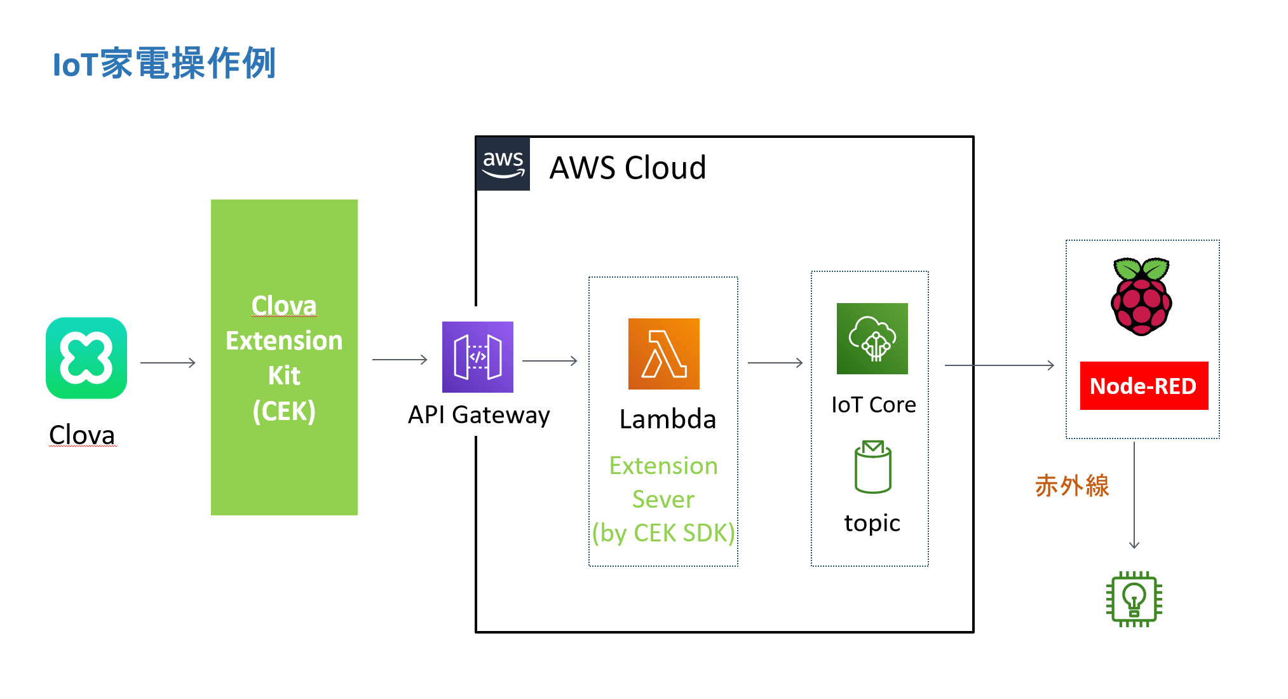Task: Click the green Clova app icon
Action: (x=86, y=358)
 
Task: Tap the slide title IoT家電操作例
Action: (x=164, y=64)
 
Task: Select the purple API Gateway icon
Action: (x=478, y=357)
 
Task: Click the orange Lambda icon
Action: (x=663, y=354)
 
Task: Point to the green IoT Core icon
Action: (x=872, y=339)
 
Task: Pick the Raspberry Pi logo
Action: (x=1141, y=296)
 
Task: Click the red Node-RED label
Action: (x=1144, y=386)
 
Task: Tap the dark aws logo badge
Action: (x=503, y=164)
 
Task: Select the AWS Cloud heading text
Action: (x=627, y=168)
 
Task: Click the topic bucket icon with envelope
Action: (x=873, y=467)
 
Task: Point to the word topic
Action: (x=872, y=523)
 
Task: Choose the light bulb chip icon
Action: (x=1134, y=599)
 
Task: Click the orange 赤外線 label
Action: (x=1072, y=486)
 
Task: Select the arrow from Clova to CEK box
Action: (x=168, y=363)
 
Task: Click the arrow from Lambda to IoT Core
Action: (x=775, y=363)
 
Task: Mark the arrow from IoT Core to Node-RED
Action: (x=1000, y=365)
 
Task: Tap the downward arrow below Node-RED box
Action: (x=1134, y=496)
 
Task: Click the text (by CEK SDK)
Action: (x=663, y=533)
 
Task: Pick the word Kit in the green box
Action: (x=284, y=376)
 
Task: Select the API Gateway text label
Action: (x=478, y=415)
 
